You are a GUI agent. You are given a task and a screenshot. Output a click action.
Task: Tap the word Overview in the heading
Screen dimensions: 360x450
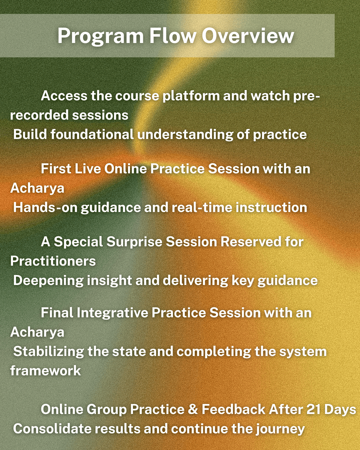[x=248, y=36]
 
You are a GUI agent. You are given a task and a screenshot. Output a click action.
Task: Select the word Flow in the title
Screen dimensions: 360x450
[x=173, y=36]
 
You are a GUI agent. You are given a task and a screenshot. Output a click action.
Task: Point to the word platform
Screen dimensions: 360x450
[x=191, y=97]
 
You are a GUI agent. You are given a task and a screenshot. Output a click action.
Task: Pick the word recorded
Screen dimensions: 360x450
[x=39, y=115]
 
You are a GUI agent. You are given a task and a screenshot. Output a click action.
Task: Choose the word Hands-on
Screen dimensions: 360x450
[x=45, y=207]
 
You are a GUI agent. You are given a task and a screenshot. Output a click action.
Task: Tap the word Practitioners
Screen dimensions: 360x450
[x=53, y=261]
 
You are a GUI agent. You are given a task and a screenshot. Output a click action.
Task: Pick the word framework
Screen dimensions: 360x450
[x=45, y=371]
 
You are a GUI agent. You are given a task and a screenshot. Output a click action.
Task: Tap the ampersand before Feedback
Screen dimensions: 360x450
[x=193, y=409]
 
